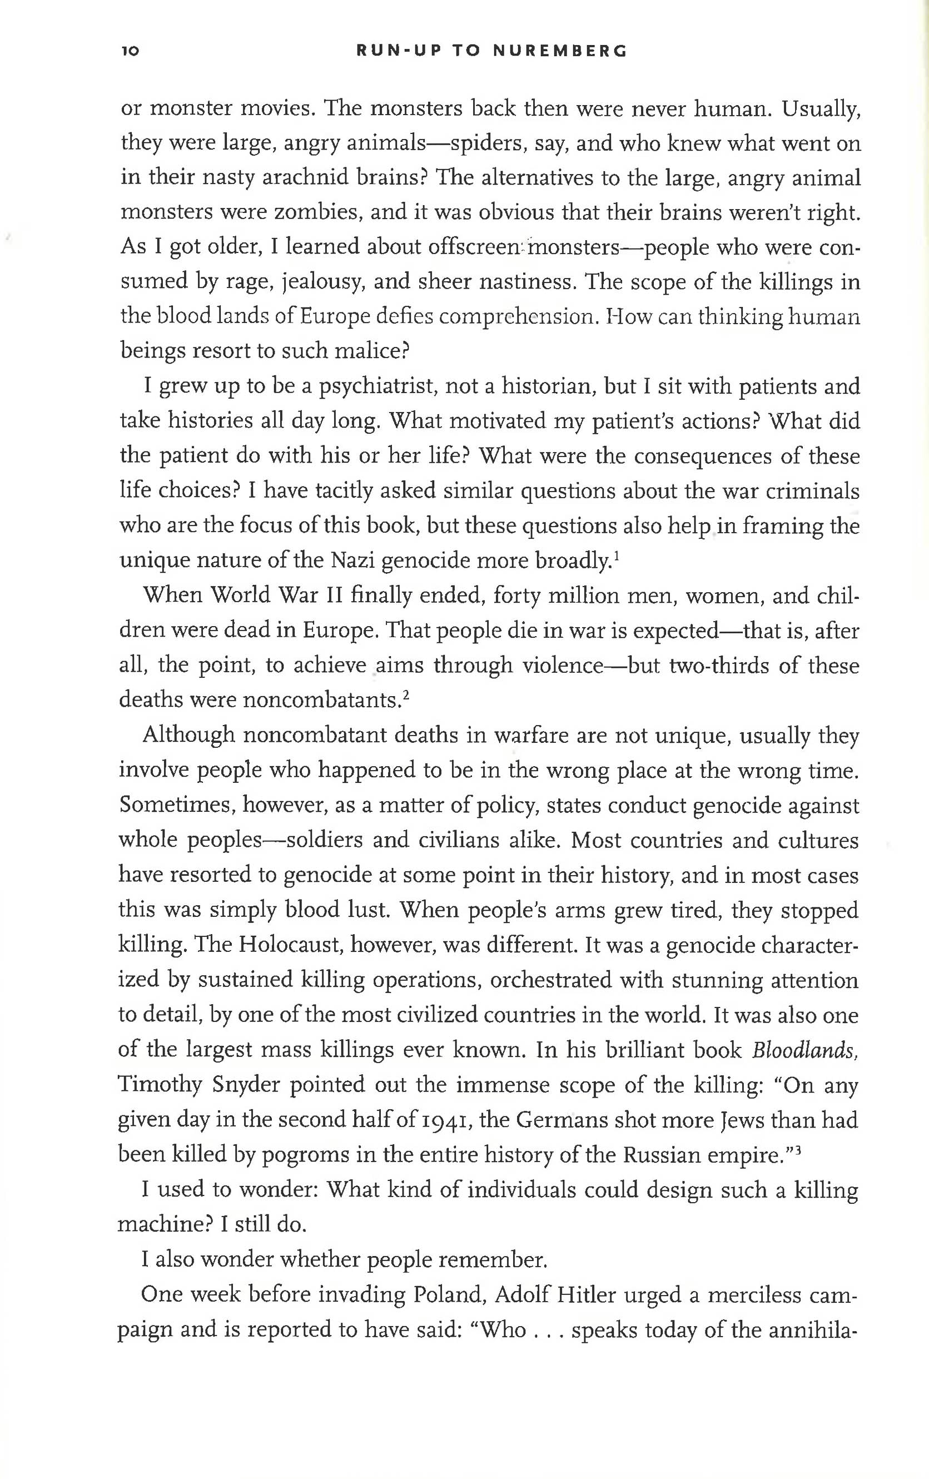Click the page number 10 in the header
point(131,52)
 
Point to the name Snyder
point(246,1085)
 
